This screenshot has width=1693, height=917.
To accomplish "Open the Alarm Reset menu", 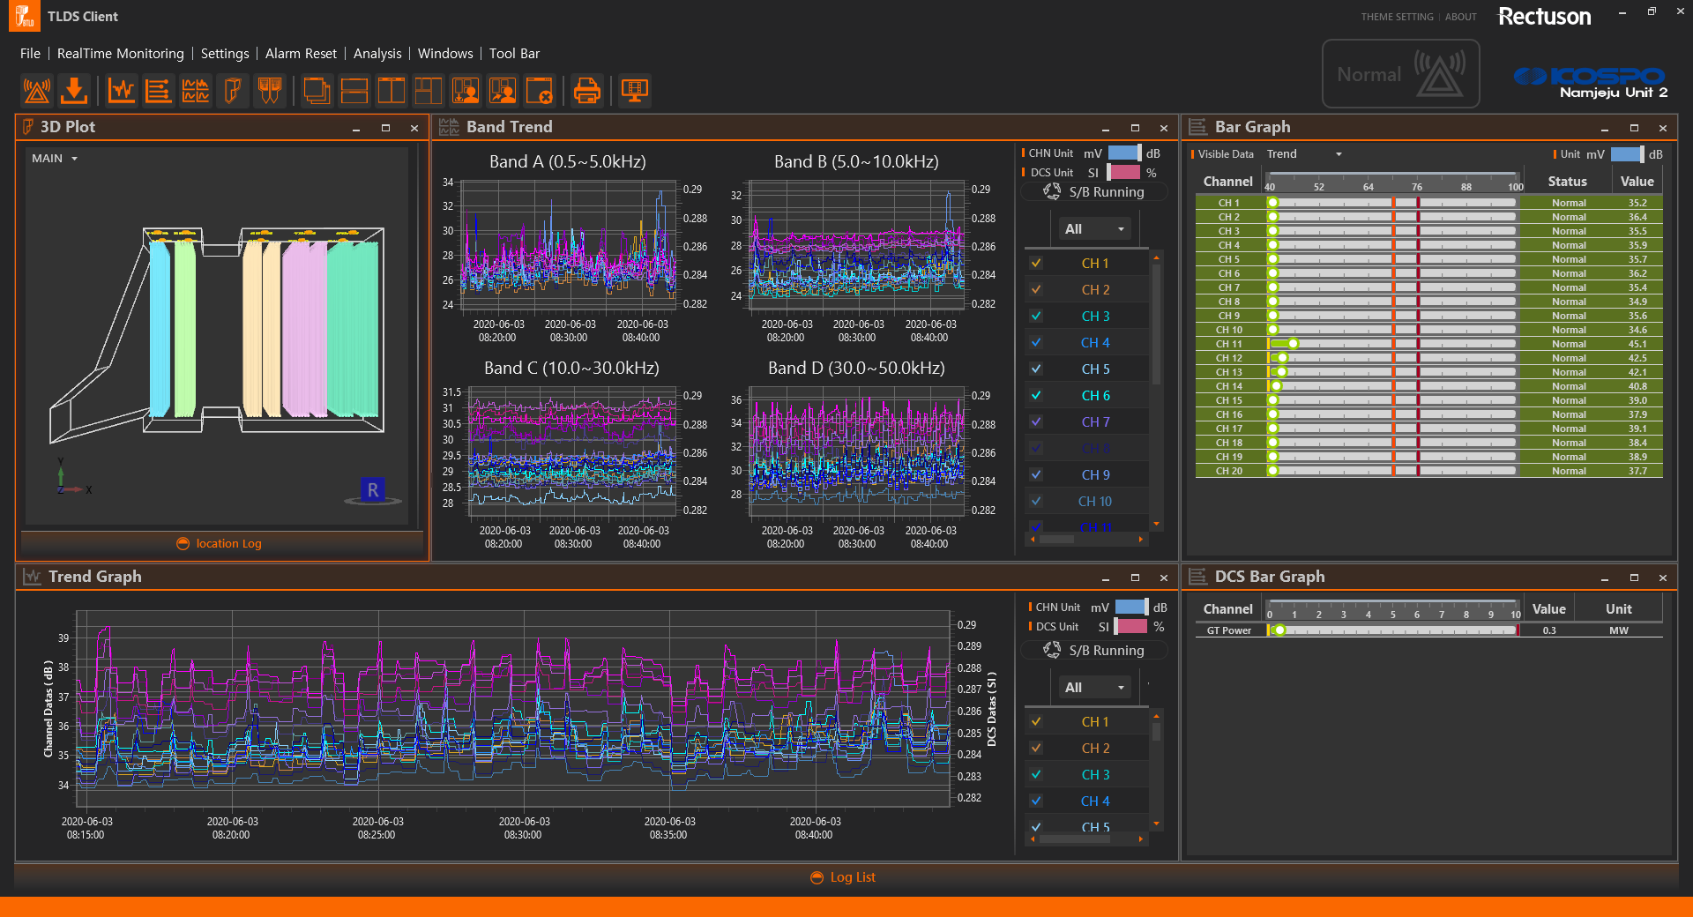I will [x=301, y=54].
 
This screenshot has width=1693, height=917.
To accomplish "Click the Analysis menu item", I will [x=377, y=54].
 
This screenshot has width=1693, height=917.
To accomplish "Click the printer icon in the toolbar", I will [x=586, y=90].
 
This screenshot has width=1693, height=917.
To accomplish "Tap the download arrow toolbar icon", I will [x=74, y=90].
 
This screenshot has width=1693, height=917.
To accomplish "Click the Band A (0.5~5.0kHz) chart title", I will [x=567, y=161].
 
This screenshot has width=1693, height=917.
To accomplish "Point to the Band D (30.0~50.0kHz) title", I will [x=855, y=368].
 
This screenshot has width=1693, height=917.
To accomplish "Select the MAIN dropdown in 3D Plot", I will [x=55, y=159].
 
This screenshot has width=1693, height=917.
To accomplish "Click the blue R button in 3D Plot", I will [x=373, y=490].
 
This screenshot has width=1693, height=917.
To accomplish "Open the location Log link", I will [x=228, y=544].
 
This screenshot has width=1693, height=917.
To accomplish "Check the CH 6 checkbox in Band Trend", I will [x=1036, y=396].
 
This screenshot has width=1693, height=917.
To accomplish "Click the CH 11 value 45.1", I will [x=1637, y=344].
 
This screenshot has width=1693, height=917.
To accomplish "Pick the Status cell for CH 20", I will [x=1569, y=471].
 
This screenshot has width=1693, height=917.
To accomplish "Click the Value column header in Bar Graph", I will [x=1637, y=182].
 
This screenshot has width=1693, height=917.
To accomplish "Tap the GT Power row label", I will [x=1228, y=630].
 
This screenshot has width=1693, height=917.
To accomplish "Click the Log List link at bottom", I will [x=852, y=877].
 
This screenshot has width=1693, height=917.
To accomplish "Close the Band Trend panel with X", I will [x=1163, y=128].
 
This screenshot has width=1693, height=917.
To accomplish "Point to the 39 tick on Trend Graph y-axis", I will [x=63, y=637].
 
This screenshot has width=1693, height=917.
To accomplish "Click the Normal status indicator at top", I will [x=1399, y=75].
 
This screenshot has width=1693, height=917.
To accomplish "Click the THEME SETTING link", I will [x=1397, y=17].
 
